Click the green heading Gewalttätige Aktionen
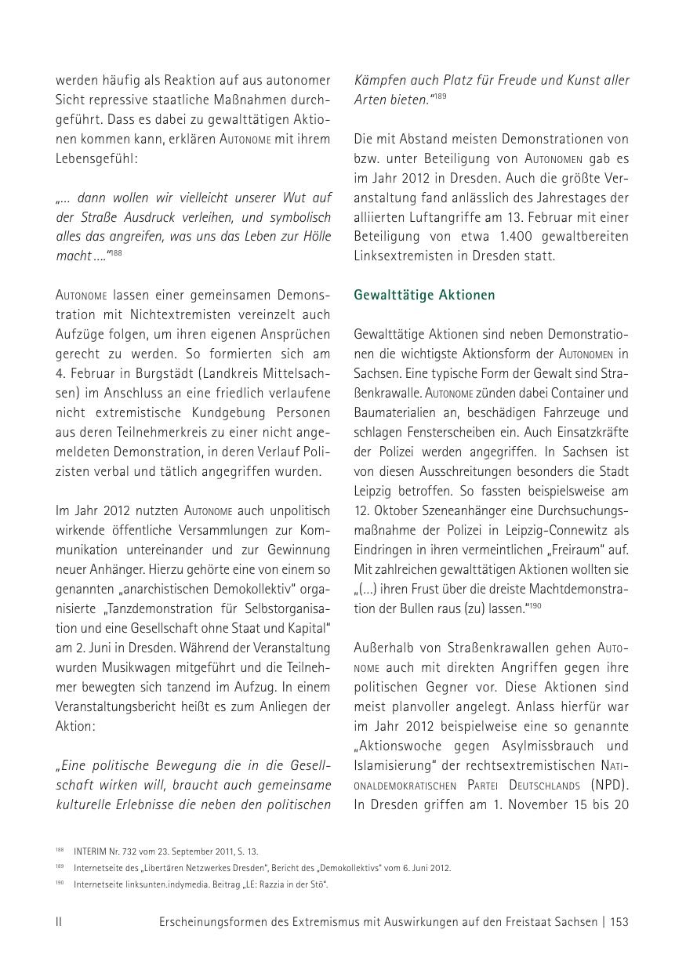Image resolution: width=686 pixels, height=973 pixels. coord(424,296)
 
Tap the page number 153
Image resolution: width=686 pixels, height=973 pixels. coord(619,923)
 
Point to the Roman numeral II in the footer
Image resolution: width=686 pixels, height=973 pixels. coord(59,923)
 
